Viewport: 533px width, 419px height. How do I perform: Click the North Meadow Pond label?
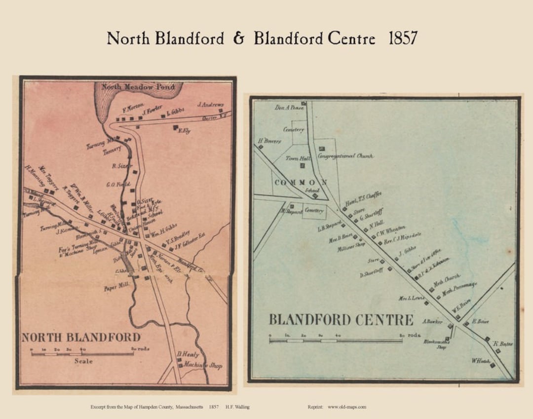tap(138, 87)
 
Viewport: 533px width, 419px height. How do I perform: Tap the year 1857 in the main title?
tap(403, 38)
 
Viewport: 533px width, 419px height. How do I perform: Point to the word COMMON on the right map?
tap(301, 183)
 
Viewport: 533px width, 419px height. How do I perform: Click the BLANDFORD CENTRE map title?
tap(341, 320)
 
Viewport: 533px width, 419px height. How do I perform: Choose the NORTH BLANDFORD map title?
tap(81, 338)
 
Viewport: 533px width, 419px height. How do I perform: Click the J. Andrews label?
tap(210, 105)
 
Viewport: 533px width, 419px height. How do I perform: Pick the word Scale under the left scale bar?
tap(83, 361)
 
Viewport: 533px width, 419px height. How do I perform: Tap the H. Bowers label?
tap(269, 141)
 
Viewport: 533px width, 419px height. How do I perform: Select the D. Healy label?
tap(188, 354)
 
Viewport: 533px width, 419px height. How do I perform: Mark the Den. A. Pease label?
tap(290, 107)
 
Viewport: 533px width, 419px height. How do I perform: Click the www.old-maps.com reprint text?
tap(346, 407)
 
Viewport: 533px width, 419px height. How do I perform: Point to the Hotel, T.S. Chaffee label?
tap(363, 198)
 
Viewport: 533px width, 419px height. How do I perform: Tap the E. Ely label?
tap(185, 131)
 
